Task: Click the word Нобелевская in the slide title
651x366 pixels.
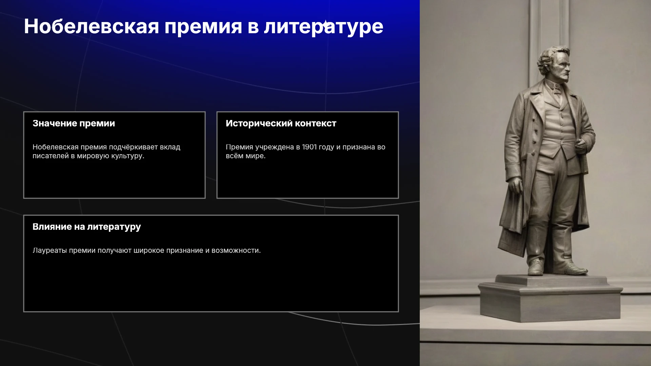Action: click(92, 26)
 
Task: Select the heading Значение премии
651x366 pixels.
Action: click(74, 123)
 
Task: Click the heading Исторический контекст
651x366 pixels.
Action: click(281, 123)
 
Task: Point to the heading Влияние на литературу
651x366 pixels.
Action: click(87, 227)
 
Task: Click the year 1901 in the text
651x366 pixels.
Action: click(309, 147)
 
